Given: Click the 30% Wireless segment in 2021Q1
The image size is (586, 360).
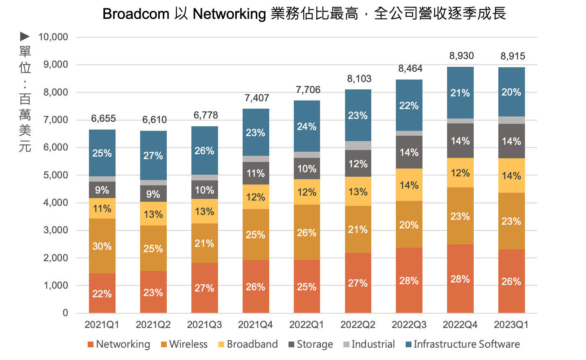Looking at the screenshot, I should [x=102, y=246].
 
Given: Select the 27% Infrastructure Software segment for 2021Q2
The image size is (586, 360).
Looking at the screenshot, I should [x=153, y=155].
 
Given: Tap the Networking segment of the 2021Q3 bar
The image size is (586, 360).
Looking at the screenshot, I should [x=204, y=288].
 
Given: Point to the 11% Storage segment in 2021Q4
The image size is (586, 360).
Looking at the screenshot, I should [x=256, y=173].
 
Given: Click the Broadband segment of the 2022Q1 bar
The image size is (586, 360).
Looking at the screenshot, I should [x=307, y=192].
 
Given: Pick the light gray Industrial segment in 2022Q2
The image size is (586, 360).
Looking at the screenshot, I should [x=358, y=146].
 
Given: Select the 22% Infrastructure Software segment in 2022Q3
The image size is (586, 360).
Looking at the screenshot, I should [x=409, y=105].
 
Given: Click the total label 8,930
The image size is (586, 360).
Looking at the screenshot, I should [x=461, y=56].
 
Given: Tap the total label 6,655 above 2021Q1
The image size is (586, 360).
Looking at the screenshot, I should [x=103, y=118].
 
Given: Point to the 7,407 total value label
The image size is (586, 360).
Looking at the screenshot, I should [x=257, y=98].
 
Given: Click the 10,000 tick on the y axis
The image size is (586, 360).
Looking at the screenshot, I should [x=53, y=37].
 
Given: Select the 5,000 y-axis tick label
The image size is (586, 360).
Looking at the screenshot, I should [x=56, y=175].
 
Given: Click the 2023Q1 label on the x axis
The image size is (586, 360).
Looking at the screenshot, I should [x=511, y=325].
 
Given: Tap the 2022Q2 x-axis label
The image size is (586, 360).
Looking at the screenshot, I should [x=358, y=325].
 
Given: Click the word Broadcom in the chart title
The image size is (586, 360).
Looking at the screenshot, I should [x=136, y=14].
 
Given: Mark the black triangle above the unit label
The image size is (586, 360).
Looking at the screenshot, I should [x=25, y=37].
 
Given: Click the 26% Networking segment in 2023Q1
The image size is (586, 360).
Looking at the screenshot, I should [x=511, y=281].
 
